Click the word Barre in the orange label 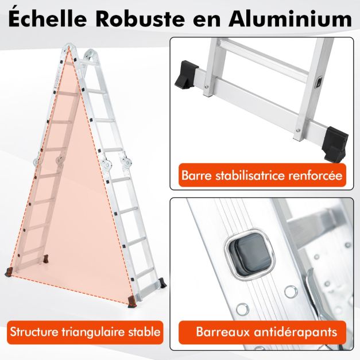click(x=195, y=175)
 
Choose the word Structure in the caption click(x=34, y=332)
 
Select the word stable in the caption click(x=145, y=332)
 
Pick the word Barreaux click(x=223, y=332)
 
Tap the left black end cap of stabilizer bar click(x=186, y=74)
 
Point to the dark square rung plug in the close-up click(x=250, y=254)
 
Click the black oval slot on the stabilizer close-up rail click(x=319, y=82)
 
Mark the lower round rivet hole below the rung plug click(x=242, y=309)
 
